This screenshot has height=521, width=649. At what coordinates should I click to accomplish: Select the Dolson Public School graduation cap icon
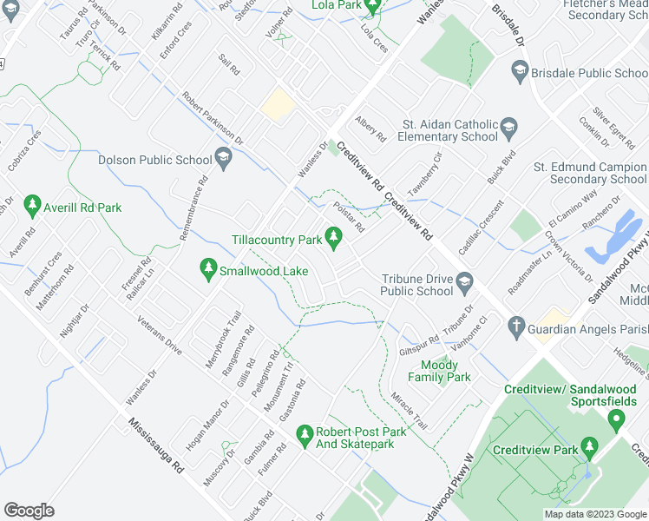[x=224, y=157]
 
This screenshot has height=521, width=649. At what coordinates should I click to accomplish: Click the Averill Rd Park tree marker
[x=32, y=206]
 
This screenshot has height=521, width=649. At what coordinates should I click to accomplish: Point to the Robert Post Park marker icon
[x=304, y=434]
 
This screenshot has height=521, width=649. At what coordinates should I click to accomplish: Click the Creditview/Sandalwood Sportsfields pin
[x=617, y=420]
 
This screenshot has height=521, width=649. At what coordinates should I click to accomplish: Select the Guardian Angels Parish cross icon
[x=515, y=327]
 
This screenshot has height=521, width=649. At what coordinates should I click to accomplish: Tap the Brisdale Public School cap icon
[x=519, y=71]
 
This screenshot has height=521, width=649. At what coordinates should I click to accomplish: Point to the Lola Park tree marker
[x=372, y=8]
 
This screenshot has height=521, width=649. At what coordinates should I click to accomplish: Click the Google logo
[x=29, y=510]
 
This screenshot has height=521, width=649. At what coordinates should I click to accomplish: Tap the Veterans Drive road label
[x=159, y=334]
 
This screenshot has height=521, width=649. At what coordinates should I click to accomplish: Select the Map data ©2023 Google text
[x=595, y=514]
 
